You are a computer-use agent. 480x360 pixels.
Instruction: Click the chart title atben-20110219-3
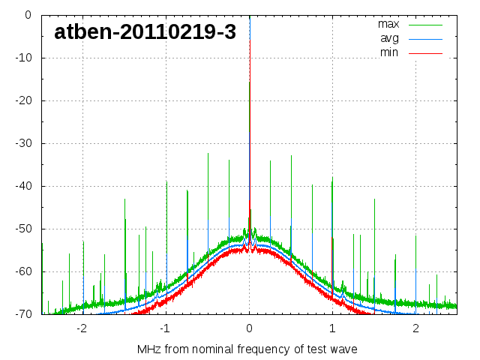click(x=145, y=32)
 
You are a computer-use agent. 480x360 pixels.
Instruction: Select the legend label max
click(x=388, y=24)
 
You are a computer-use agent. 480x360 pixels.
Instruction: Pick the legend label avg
click(x=388, y=38)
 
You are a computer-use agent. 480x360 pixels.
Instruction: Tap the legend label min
click(x=388, y=52)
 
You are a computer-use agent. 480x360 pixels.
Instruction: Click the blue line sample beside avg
click(x=426, y=38)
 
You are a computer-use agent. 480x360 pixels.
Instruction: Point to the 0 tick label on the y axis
click(x=27, y=15)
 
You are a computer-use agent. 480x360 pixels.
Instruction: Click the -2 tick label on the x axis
click(x=82, y=328)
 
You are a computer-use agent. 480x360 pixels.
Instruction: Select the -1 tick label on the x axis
click(x=165, y=328)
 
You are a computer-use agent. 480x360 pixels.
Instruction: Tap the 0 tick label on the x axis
click(x=250, y=328)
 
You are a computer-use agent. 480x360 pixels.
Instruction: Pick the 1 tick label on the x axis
click(x=332, y=328)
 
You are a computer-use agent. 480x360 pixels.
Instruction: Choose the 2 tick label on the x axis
click(x=415, y=328)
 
